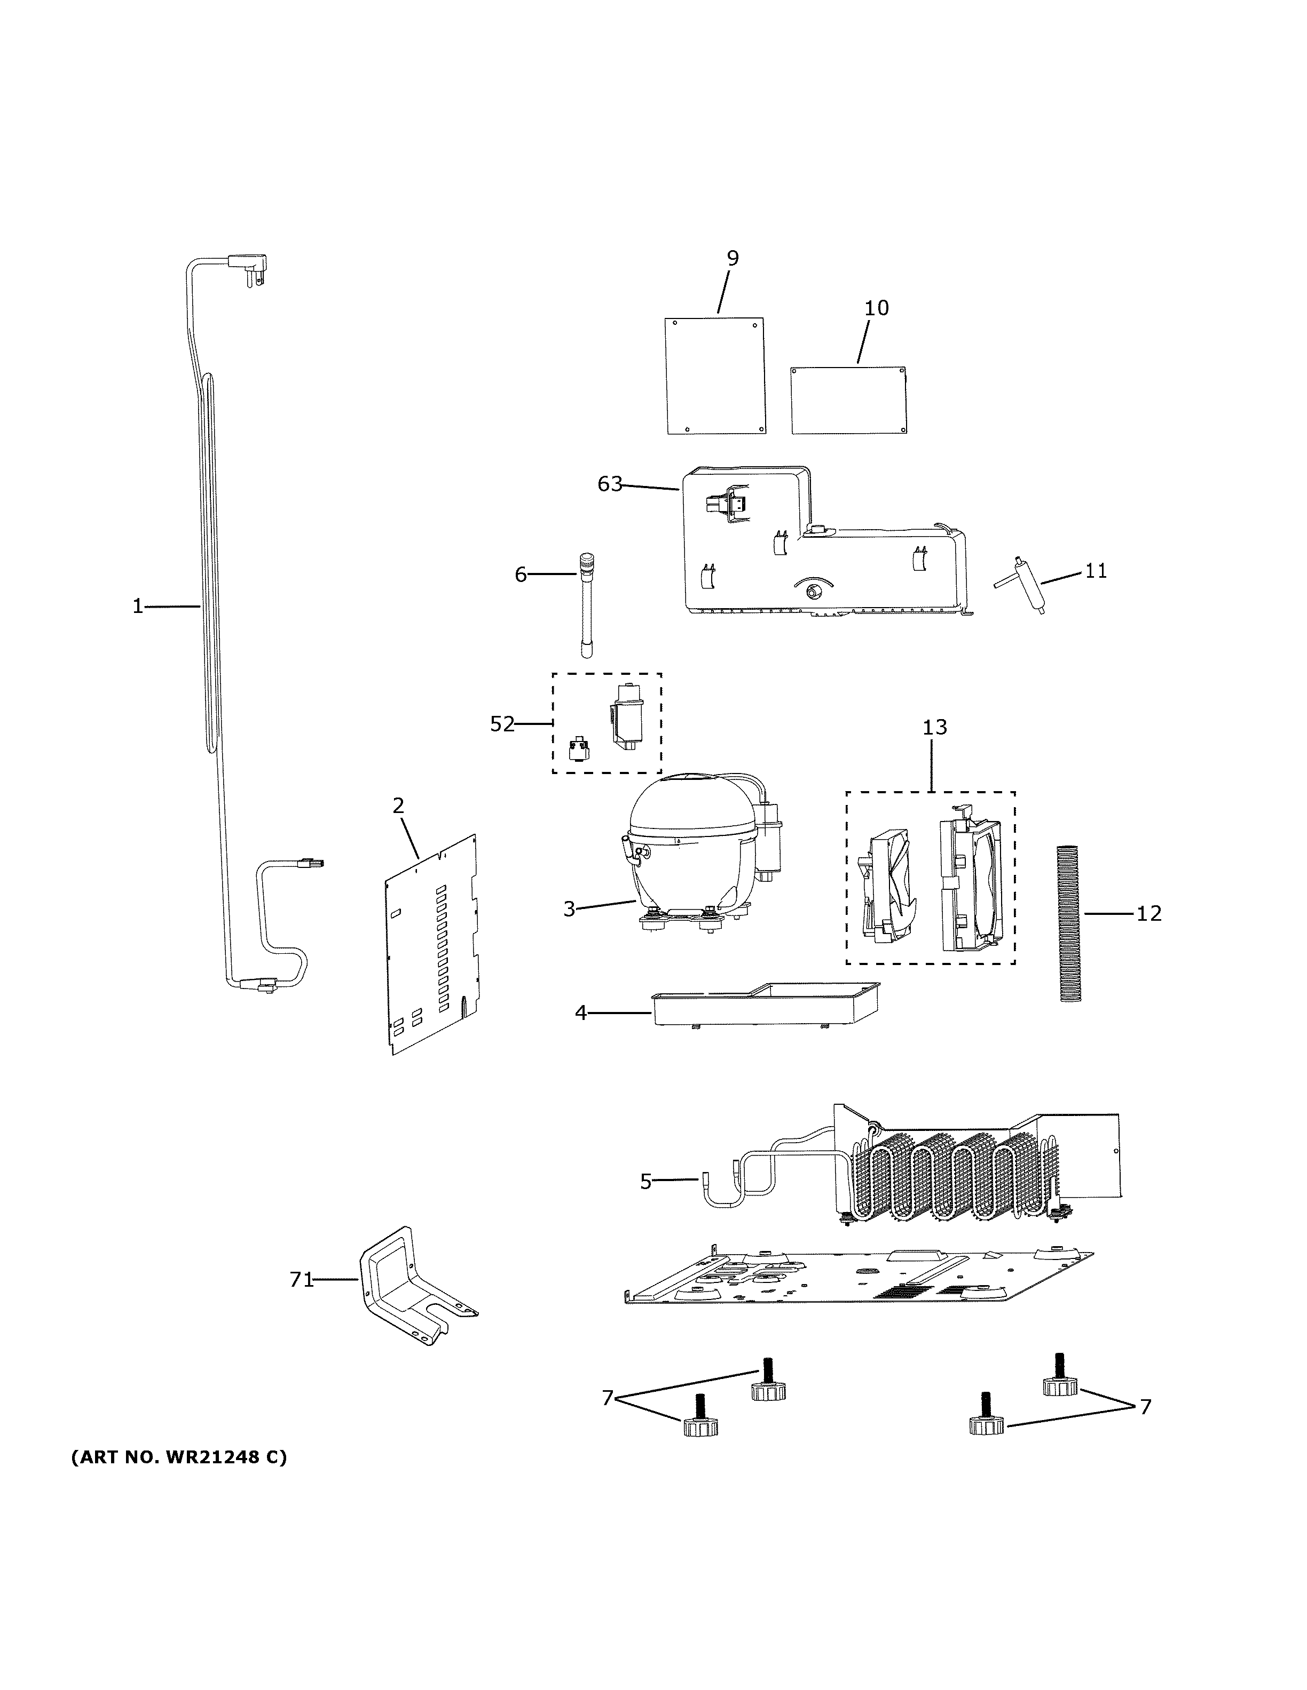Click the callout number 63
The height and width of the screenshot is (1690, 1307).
tap(609, 484)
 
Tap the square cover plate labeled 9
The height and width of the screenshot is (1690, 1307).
tap(715, 376)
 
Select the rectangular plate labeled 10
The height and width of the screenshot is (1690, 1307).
tap(848, 400)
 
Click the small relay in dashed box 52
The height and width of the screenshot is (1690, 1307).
tap(578, 749)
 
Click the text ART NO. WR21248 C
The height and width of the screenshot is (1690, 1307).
tap(179, 1458)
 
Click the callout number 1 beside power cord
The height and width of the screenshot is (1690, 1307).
tap(138, 607)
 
